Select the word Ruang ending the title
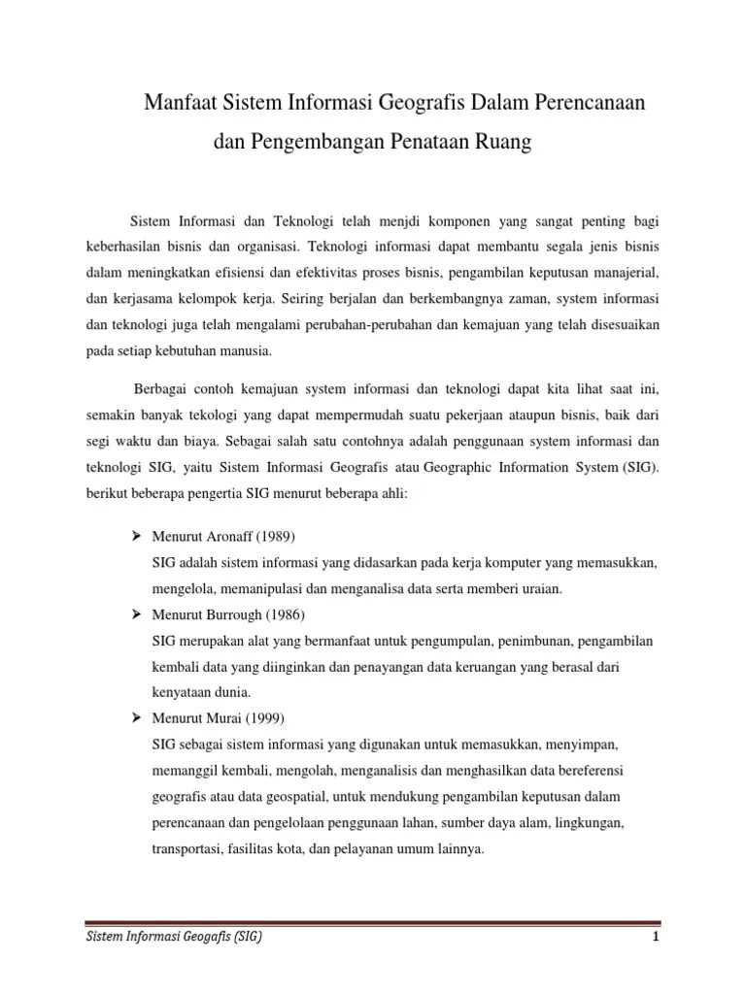pos(506,144)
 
